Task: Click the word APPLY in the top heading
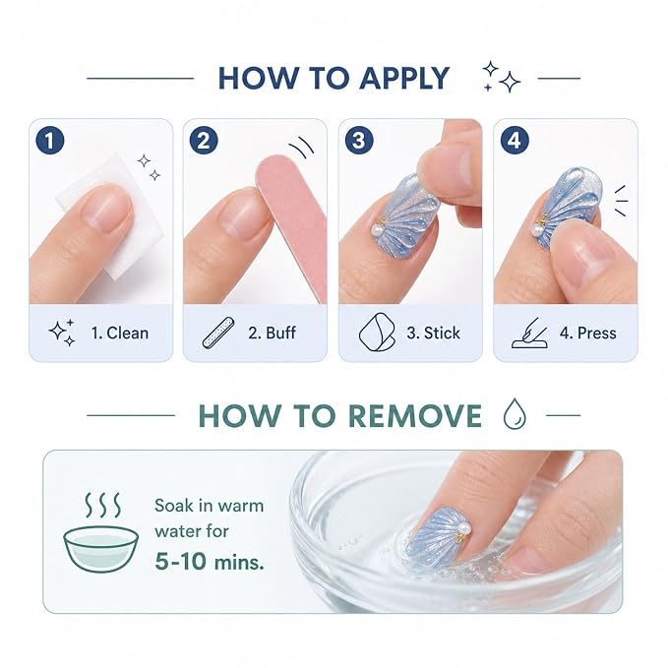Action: pos(404,78)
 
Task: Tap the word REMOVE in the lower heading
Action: pos(415,415)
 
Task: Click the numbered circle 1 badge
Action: pos(50,141)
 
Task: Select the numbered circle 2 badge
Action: pos(204,141)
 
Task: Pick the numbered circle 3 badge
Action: pos(359,141)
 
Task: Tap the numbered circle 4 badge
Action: pos(515,141)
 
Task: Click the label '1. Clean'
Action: pos(120,333)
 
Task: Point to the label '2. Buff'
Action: pos(272,333)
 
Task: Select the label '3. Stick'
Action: pos(433,333)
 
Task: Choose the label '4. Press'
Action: pos(588,333)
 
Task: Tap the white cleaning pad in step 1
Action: pos(111,213)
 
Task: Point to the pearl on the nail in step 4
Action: pos(536,231)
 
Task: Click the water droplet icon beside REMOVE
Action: pos(515,413)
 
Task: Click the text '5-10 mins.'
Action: pos(210,561)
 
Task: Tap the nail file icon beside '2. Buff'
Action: pos(218,333)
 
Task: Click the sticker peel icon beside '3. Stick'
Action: pos(376,333)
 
